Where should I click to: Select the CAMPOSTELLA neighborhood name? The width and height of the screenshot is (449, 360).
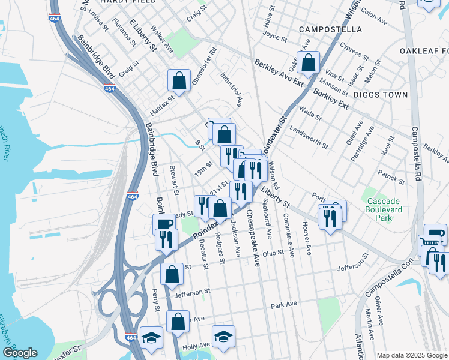[x=330, y=29]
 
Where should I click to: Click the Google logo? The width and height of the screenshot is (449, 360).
[x=20, y=353]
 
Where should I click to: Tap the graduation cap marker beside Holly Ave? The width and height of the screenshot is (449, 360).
[x=223, y=336]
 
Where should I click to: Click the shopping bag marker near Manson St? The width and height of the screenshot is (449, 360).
[x=308, y=62]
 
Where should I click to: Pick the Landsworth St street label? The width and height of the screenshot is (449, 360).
[x=309, y=137]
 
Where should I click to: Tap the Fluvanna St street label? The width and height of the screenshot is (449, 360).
[x=125, y=36]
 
